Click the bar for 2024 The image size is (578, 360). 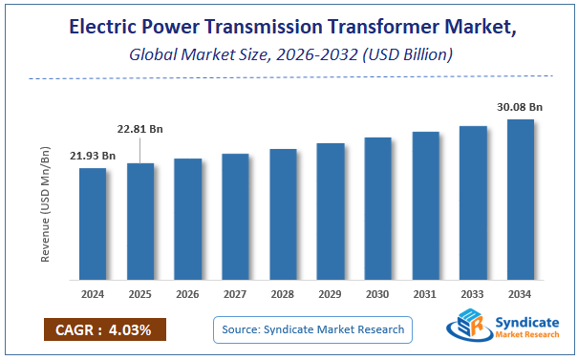[93, 224]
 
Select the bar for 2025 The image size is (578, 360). [140, 222]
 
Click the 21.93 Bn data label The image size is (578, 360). [92, 156]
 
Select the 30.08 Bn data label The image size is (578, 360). [520, 106]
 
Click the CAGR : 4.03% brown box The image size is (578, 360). [104, 329]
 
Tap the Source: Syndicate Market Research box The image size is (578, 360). [311, 329]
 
